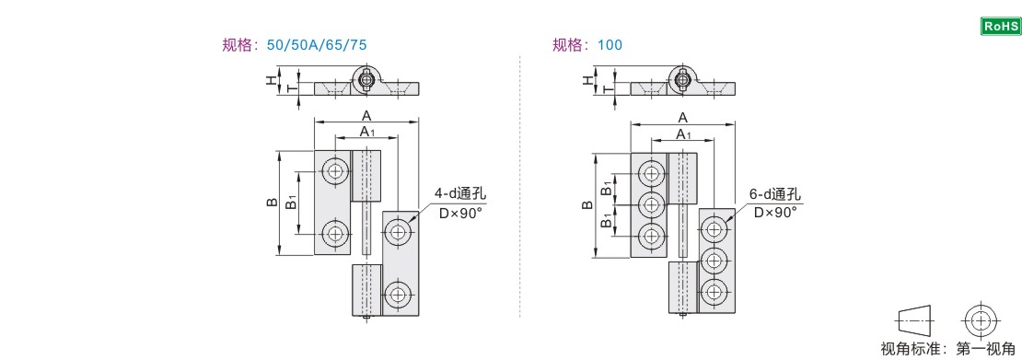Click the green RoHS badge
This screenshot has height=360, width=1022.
[1001, 26]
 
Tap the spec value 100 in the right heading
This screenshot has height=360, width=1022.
[610, 45]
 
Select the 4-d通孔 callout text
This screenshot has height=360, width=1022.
[460, 194]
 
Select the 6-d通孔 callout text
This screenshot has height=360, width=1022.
[776, 194]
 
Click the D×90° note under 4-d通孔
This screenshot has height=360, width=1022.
[460, 213]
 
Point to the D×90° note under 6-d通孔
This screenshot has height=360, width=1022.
[775, 213]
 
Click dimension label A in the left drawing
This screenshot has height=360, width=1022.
[366, 115]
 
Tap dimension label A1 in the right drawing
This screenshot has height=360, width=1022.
[684, 134]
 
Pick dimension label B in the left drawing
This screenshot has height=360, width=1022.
[272, 203]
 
